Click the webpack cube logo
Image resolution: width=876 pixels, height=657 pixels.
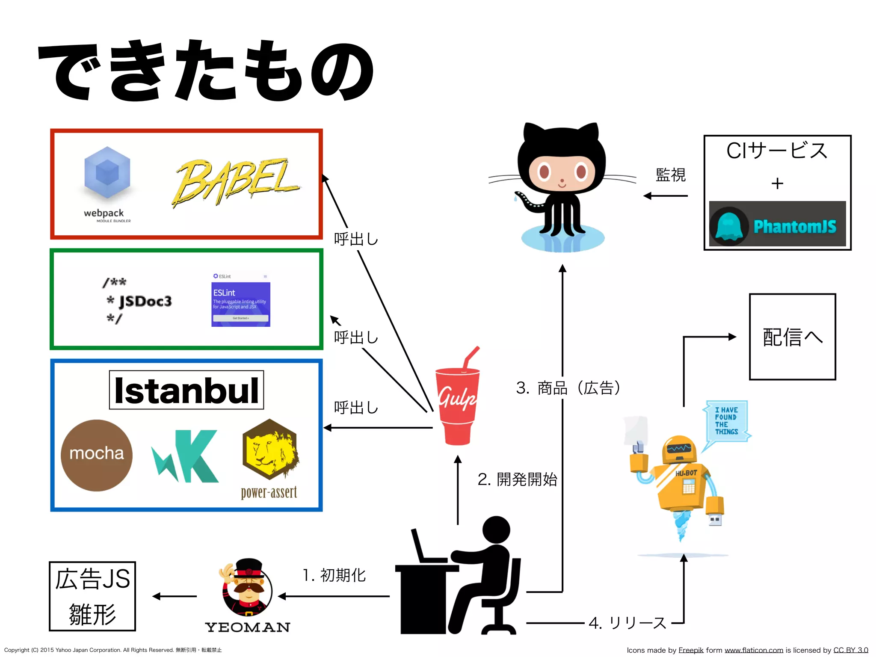107,173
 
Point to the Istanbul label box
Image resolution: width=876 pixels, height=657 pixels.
186,390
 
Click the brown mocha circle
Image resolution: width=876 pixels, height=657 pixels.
97,455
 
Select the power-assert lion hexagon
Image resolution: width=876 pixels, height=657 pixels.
269,450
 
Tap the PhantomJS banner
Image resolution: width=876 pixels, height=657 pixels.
777,224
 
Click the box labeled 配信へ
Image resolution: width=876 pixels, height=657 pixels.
792,337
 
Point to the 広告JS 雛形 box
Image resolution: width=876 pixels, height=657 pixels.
92,596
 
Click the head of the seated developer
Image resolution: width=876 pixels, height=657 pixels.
496,530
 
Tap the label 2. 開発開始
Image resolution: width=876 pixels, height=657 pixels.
518,479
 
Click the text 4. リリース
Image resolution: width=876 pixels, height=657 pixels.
627,623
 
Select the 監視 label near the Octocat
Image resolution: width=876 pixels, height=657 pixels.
670,175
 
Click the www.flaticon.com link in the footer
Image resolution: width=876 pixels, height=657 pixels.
754,650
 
